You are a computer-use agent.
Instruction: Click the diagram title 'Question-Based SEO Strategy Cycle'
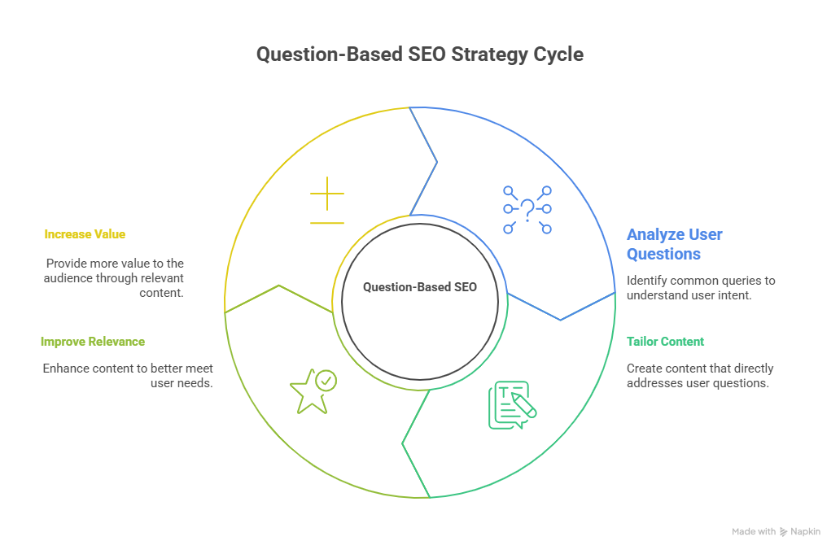(x=419, y=55)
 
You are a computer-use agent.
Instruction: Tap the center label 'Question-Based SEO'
(x=419, y=287)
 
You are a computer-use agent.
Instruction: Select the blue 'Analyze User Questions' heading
(x=674, y=244)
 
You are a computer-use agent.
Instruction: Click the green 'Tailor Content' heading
(x=665, y=342)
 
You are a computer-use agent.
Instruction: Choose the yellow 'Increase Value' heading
(x=85, y=234)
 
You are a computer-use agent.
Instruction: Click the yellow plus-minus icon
(x=327, y=206)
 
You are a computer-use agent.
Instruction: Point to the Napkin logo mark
(x=783, y=531)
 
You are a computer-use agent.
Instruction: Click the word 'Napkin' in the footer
(x=805, y=531)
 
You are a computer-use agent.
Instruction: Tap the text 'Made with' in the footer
(x=753, y=531)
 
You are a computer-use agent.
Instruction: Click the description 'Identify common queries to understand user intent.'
(x=700, y=287)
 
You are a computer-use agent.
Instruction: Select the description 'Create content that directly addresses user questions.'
(x=699, y=375)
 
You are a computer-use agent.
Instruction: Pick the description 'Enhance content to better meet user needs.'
(x=128, y=375)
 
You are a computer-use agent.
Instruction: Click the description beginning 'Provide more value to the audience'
(x=114, y=277)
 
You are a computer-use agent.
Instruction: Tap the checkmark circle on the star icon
(x=326, y=380)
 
